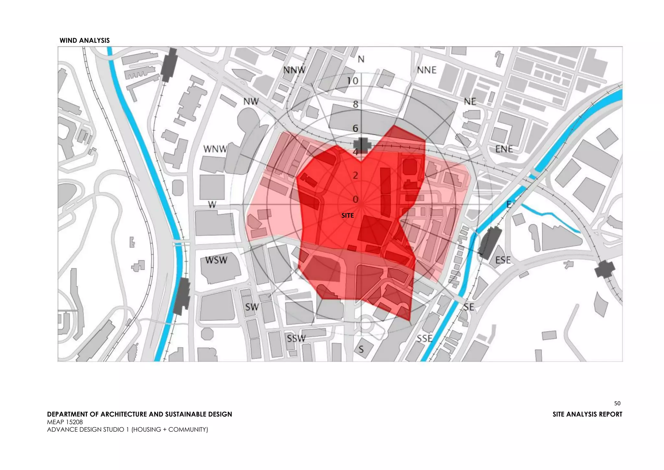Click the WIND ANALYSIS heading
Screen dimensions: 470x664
click(85, 41)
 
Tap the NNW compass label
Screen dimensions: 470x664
click(294, 70)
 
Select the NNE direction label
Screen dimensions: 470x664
click(427, 70)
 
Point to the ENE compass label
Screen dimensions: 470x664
click(504, 149)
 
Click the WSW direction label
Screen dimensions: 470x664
click(216, 260)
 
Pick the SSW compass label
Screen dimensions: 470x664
click(296, 339)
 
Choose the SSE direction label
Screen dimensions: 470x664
click(425, 339)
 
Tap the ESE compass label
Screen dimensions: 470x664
click(503, 260)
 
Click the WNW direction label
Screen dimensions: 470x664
click(215, 149)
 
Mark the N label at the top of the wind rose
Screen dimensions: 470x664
click(361, 59)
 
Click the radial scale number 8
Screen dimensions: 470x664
click(356, 105)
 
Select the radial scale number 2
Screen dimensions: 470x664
click(356, 176)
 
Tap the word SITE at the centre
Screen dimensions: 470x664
click(348, 216)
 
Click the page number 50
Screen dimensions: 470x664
click(617, 403)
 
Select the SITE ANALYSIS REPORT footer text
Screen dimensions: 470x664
click(587, 414)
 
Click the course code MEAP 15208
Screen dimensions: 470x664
click(65, 422)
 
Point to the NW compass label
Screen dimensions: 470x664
click(251, 102)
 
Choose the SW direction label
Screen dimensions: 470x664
click(252, 307)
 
